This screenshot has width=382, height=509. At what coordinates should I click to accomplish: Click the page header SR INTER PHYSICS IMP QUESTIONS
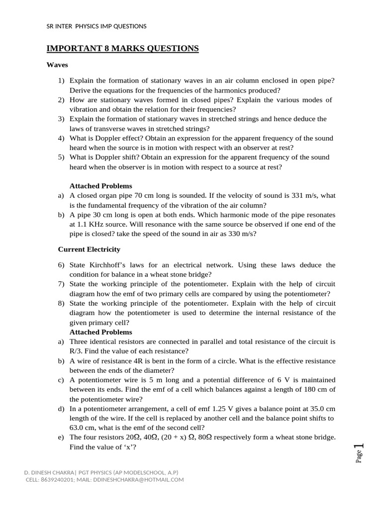(x=96, y=26)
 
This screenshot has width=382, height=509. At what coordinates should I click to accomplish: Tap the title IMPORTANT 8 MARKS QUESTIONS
(x=122, y=48)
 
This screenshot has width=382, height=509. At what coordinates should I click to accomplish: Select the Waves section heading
(x=57, y=65)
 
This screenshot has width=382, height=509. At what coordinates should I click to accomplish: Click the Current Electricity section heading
(x=89, y=249)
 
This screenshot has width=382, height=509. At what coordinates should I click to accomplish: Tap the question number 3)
(x=61, y=119)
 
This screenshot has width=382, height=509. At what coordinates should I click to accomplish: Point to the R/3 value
(x=75, y=351)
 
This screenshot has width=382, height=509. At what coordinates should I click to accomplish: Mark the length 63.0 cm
(x=84, y=428)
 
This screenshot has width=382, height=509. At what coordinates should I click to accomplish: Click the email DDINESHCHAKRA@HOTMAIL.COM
(x=140, y=480)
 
